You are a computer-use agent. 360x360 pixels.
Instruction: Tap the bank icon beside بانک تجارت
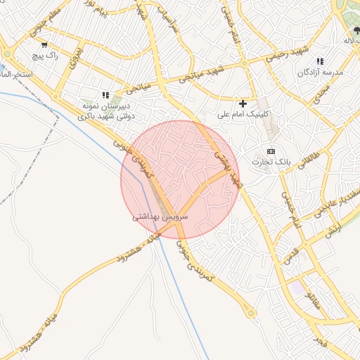point(271,151)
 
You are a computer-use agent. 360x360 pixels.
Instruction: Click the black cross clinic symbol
point(243,103)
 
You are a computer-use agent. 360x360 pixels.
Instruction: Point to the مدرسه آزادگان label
point(320,72)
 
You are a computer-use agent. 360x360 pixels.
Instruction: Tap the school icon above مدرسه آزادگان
point(321,62)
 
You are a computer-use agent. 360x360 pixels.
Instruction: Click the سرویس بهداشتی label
point(160,218)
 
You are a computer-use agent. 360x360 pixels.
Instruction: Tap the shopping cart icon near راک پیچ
point(45,44)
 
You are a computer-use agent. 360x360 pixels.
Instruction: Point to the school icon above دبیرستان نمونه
point(106,95)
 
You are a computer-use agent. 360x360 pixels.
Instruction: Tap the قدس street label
point(291,255)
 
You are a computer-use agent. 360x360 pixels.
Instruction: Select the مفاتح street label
point(311,303)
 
